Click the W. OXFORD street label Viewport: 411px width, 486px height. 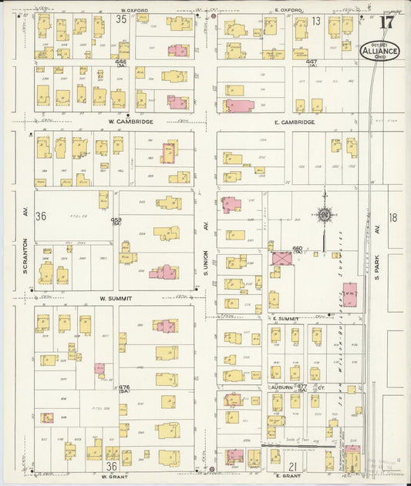tap(133, 11)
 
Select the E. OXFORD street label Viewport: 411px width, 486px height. tap(287, 11)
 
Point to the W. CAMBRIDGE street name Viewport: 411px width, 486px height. tap(130, 122)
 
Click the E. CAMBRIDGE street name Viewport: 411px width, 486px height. tap(292, 122)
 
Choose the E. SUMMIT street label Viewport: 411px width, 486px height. tap(285, 317)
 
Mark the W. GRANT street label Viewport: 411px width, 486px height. tap(113, 475)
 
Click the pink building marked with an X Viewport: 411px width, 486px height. tap(280, 258)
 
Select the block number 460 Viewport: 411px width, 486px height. tap(298, 248)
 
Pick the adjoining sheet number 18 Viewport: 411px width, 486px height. tap(393, 218)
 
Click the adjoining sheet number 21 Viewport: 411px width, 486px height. tap(293, 467)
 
